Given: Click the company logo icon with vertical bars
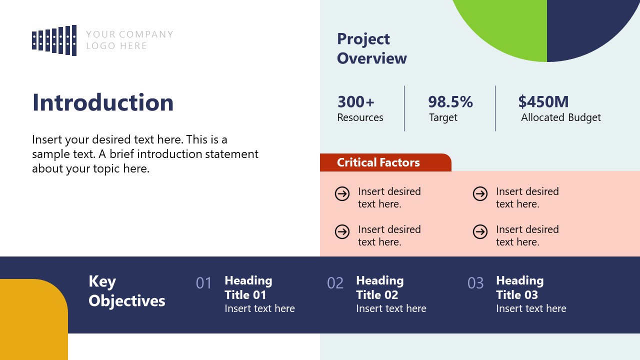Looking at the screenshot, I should pos(54,40).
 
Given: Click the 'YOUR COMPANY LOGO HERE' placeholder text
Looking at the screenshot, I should pos(129,40).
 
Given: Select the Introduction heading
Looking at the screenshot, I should pos(103,102).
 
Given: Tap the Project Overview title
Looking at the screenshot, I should pos(371,48).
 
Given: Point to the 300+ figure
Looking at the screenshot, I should pos(355,101).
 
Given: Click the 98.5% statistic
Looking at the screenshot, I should pos(450,101).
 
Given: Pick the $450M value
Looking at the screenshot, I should pos(543,101).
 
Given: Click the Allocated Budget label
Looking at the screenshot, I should pos(560,117).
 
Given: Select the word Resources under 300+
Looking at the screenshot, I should pos(360,117).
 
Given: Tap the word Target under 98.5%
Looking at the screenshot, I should pos(443,117).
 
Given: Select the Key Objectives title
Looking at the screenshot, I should pos(126,291).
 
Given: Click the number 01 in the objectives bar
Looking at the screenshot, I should pos(204,283).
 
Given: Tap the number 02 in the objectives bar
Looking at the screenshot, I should pos(335,283).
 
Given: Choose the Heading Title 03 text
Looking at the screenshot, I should pos(519,287).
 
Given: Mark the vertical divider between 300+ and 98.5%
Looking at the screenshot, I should pos(404,108).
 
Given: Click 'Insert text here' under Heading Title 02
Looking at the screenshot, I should pos(391,308).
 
